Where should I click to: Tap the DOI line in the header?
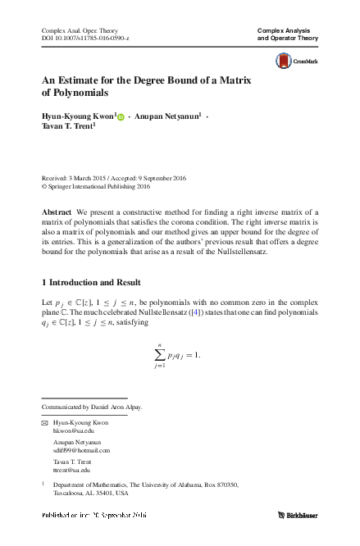click(x=85, y=39)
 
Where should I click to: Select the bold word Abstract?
click(x=57, y=212)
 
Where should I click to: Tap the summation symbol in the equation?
click(x=159, y=354)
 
